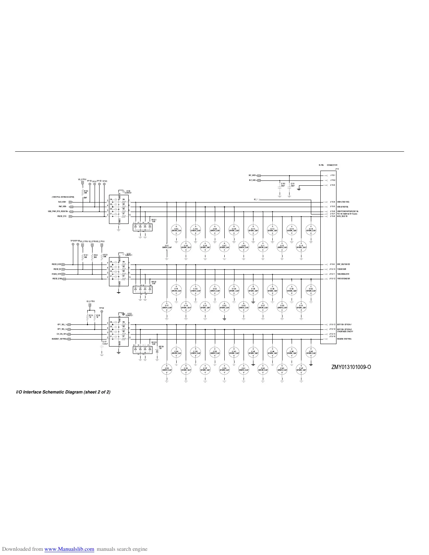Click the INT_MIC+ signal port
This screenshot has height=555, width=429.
pyautogui.click(x=259, y=176)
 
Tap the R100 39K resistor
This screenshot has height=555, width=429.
pyautogui.click(x=83, y=192)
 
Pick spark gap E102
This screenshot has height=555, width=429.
pyautogui.click(x=176, y=230)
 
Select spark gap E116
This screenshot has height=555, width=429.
pyautogui.click(x=311, y=230)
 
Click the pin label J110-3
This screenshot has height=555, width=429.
pyautogui.click(x=332, y=185)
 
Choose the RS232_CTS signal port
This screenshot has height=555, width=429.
pyautogui.click(x=70, y=217)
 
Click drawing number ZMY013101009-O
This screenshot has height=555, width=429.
pyautogui.click(x=351, y=367)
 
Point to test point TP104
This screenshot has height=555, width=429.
pyautogui.click(x=102, y=311)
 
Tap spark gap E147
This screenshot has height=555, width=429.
pyautogui.click(x=301, y=369)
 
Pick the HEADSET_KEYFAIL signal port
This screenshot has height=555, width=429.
pyautogui.click(x=69, y=339)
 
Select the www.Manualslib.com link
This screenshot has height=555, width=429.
pyautogui.click(x=69, y=549)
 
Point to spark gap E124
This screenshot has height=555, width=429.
pyautogui.click(x=234, y=289)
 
